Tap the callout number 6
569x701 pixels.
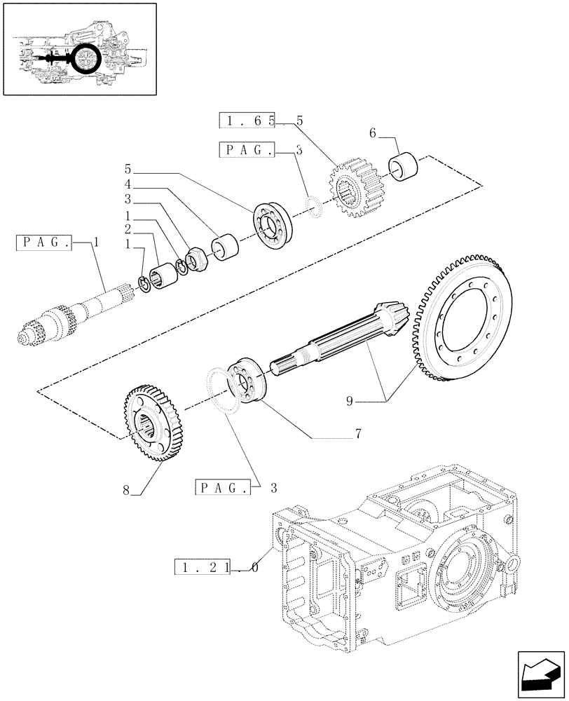372,132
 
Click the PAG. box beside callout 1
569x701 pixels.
43,243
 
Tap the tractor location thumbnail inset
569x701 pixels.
78,49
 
